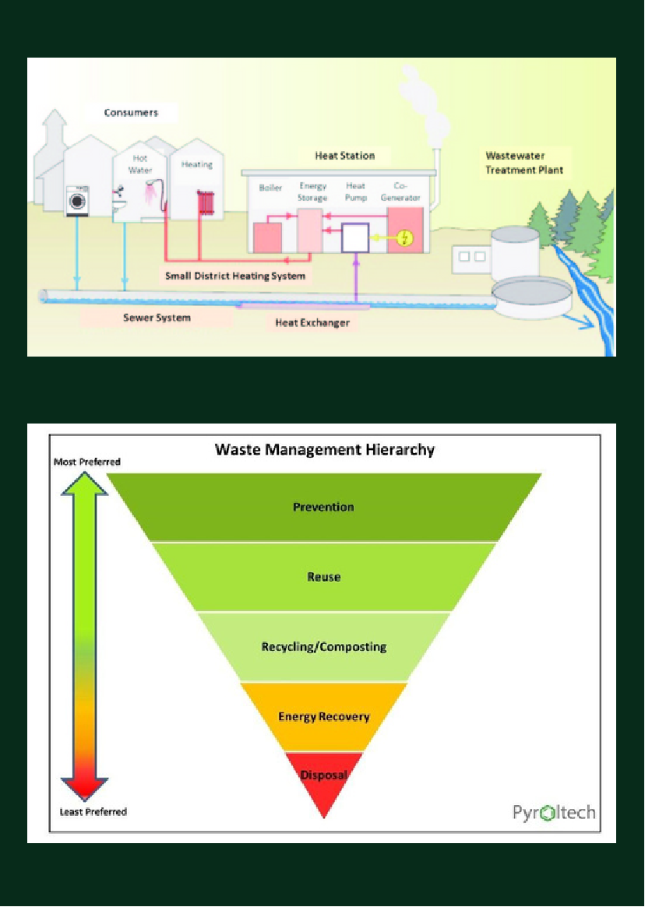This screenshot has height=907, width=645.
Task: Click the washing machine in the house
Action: (x=77, y=200)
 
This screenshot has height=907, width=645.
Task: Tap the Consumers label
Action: (x=131, y=113)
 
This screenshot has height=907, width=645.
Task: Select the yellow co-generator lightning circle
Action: (x=404, y=238)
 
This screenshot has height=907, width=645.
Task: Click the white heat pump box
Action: (x=355, y=237)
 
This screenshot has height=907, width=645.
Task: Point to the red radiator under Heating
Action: (x=206, y=202)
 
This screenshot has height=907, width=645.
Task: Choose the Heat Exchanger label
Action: (x=312, y=322)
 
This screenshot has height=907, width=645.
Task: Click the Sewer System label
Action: (x=157, y=318)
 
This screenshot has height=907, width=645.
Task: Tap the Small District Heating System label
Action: (x=235, y=276)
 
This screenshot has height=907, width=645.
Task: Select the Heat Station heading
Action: (x=344, y=156)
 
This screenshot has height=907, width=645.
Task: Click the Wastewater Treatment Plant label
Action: (x=523, y=163)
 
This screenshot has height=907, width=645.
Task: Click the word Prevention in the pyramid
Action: (x=323, y=507)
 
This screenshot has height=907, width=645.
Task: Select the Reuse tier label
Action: (x=323, y=577)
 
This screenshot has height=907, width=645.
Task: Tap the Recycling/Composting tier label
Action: (x=323, y=647)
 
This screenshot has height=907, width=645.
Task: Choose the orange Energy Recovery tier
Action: (x=323, y=716)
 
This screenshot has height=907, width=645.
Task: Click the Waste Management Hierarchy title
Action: (x=324, y=449)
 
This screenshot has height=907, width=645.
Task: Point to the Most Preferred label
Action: (x=87, y=462)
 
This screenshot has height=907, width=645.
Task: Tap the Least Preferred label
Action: (x=93, y=812)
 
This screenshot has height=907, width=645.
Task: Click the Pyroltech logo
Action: (x=554, y=813)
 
